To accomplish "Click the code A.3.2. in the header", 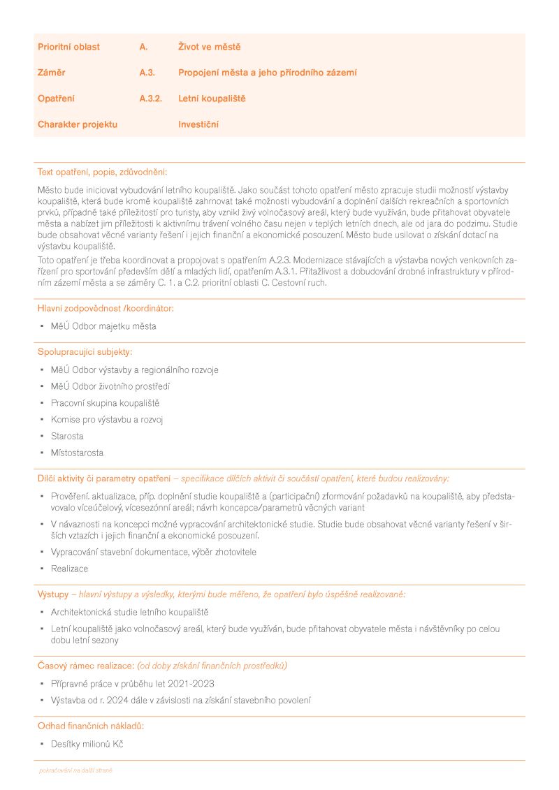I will (x=150, y=98).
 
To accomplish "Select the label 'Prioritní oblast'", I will (x=68, y=47).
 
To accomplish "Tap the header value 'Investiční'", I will (x=198, y=124).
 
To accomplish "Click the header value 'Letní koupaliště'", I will (x=212, y=98).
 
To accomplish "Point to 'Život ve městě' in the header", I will (x=209, y=47).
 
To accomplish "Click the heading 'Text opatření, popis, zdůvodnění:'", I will (x=102, y=172).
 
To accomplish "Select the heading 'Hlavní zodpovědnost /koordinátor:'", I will (x=106, y=308).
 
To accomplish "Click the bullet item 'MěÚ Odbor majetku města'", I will (x=103, y=326).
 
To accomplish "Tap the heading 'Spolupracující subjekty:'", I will (x=85, y=351).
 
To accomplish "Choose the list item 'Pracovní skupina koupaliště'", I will (x=105, y=403).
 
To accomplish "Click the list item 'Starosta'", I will (x=67, y=437).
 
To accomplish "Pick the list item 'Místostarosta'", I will (x=77, y=453).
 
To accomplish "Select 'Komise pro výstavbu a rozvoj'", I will (x=107, y=420).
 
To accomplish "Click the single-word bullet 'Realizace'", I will (x=70, y=569).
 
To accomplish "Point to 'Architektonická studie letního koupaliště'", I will (x=124, y=613).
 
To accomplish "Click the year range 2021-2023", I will (x=189, y=684).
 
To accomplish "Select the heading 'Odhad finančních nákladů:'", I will (x=91, y=726).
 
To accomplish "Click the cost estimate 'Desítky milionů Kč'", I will (x=87, y=744).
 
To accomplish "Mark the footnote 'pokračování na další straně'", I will (x=75, y=770).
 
